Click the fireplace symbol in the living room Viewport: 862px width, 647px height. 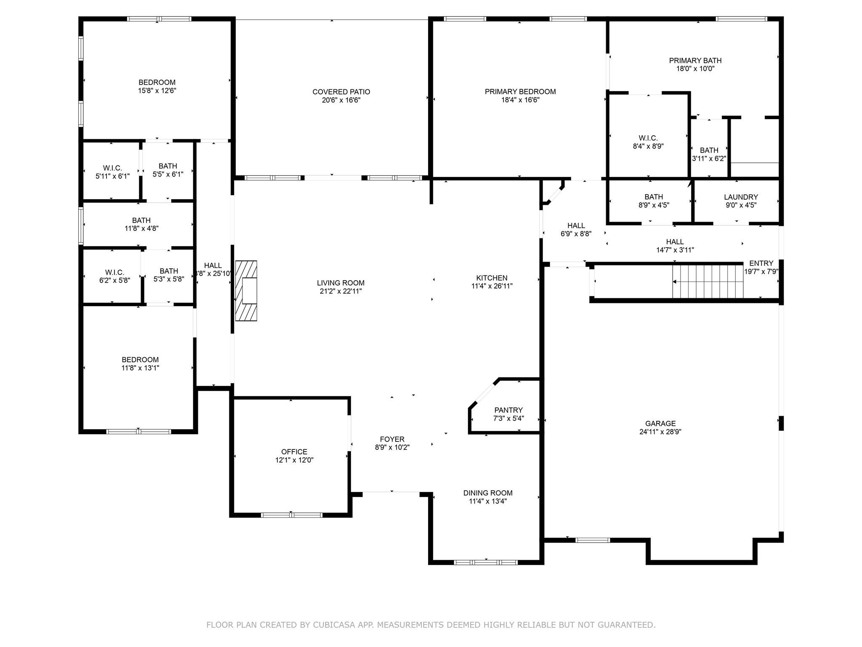[x=246, y=291]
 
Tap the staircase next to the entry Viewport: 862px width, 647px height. [x=708, y=281]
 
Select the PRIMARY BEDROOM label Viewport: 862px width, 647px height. [x=520, y=91]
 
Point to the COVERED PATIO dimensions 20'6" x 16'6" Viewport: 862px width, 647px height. [x=341, y=100]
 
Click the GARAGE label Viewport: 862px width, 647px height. [x=660, y=423]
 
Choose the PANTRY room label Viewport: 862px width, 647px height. [x=508, y=410]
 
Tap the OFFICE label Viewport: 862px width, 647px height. [x=294, y=452]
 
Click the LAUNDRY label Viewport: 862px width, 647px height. [x=741, y=197]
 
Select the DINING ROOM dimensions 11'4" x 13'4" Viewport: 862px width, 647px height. [x=488, y=501]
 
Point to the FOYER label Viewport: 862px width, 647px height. [x=392, y=439]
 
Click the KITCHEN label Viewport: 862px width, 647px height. [x=492, y=278]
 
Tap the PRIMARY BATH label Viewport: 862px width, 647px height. [x=695, y=60]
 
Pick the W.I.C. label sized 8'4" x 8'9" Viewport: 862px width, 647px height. [x=648, y=138]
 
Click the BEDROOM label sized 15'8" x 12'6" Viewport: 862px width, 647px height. [x=157, y=82]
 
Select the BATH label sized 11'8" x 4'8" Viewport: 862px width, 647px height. [x=141, y=220]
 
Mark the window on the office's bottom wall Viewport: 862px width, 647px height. [x=292, y=515]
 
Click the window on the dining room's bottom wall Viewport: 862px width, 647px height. [x=486, y=562]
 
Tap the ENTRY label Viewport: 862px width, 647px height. [x=761, y=263]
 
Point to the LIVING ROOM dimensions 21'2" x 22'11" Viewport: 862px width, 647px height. [x=341, y=291]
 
